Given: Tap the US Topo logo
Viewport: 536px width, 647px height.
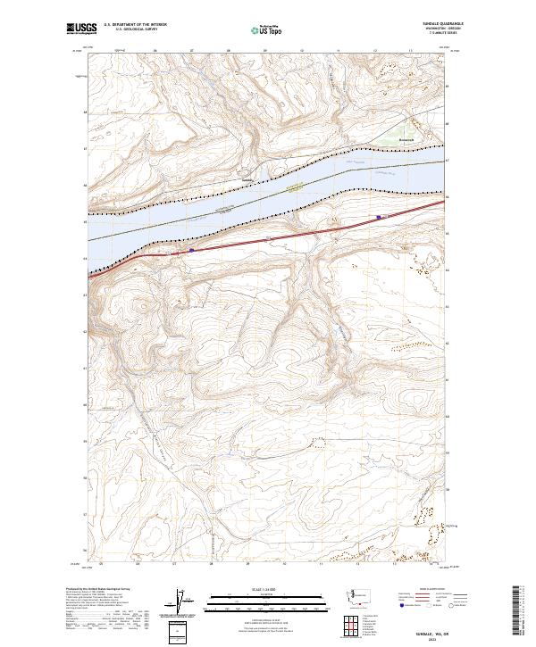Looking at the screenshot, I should [267, 29].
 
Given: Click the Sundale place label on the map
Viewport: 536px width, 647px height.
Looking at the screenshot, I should [248, 178].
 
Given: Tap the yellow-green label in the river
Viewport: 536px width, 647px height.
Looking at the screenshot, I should [295, 187].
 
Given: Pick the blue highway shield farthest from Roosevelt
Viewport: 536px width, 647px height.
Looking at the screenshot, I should [191, 251].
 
